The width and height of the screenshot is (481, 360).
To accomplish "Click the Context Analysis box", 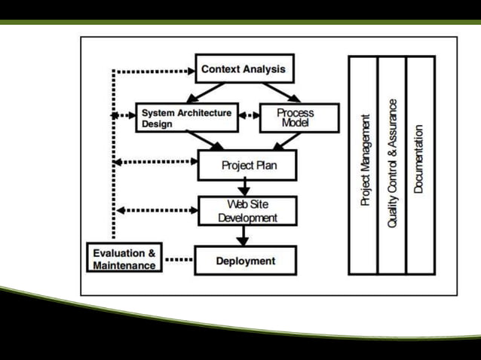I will [244, 69].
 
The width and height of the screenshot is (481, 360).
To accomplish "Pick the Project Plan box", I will [247, 165].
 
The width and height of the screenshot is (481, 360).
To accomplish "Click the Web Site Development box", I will [247, 211].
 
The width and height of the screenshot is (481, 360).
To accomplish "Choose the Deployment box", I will [246, 261].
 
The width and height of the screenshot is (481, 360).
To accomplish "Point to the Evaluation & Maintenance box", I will [124, 259].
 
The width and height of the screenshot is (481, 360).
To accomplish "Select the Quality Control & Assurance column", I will [392, 164].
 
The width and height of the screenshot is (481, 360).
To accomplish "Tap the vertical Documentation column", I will [419, 164].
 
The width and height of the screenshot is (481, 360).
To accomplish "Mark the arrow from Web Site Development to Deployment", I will [244, 236].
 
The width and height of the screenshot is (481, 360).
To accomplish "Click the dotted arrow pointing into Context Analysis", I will [154, 72].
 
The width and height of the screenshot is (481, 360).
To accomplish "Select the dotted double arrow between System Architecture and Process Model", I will [249, 117].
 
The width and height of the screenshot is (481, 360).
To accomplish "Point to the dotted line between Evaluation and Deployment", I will [179, 260].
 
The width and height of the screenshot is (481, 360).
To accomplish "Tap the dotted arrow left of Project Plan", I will [155, 161].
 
